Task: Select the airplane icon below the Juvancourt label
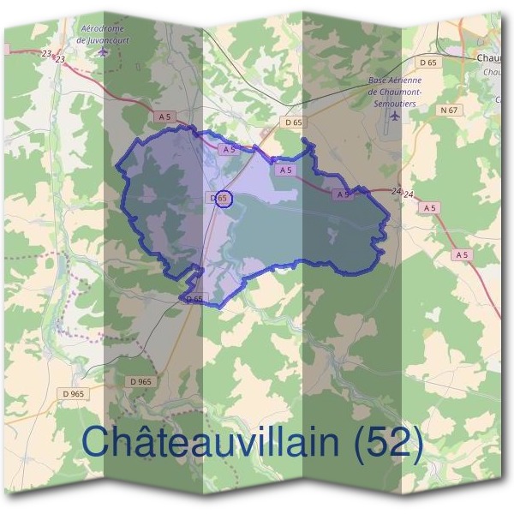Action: coord(105,51)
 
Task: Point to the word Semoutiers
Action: coord(396,99)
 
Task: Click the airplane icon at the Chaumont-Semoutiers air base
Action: coord(394,114)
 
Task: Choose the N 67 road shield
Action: coord(448,110)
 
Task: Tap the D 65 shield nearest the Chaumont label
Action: coord(428,63)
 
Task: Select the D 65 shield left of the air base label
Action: coord(293,123)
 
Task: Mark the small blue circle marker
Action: coord(223,199)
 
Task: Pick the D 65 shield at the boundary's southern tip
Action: coord(194,299)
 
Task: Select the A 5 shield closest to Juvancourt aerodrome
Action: coord(164,116)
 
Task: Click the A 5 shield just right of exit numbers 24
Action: coord(430,207)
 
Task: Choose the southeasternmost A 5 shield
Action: coord(463,254)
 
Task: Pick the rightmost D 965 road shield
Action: coord(141,381)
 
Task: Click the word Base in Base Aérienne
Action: coord(377,81)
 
